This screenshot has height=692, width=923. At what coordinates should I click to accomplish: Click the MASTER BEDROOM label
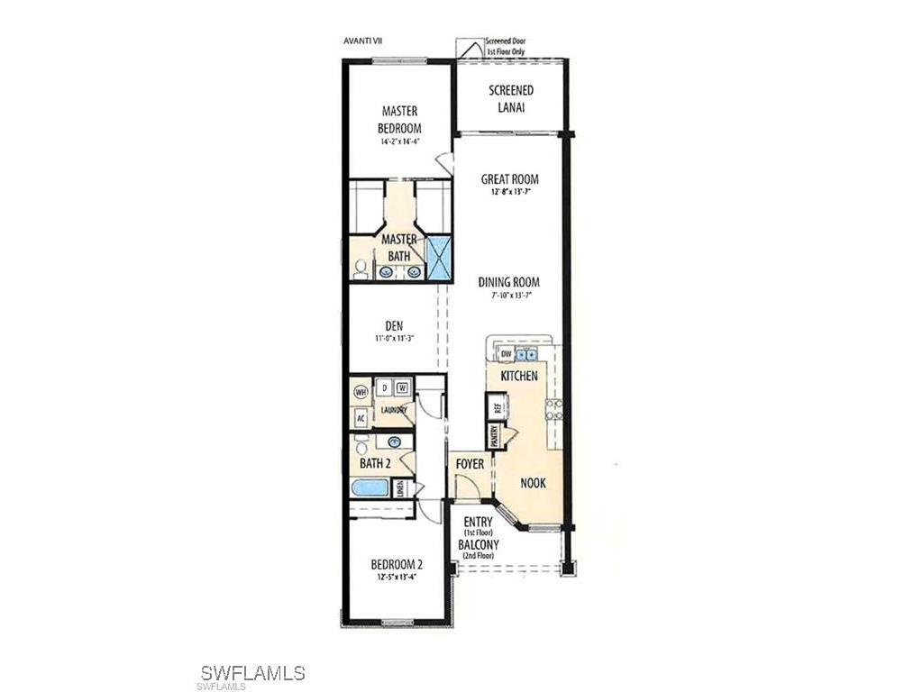[399, 119]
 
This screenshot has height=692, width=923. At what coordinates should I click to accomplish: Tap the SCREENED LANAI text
[511, 98]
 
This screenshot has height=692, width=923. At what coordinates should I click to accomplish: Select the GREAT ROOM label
[509, 179]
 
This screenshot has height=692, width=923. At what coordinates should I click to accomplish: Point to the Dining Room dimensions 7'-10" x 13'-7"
[508, 296]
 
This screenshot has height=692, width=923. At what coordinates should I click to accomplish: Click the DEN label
[393, 326]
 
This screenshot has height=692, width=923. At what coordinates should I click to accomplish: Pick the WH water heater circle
[361, 392]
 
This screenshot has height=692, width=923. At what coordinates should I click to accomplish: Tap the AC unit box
[360, 418]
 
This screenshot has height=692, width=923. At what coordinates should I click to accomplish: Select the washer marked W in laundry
[402, 387]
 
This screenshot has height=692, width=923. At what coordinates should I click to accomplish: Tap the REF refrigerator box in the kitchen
[495, 405]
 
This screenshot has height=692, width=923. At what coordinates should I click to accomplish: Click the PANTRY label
[495, 436]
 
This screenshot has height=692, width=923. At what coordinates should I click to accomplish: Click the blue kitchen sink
[526, 354]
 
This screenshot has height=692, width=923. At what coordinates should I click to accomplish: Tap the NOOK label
[533, 483]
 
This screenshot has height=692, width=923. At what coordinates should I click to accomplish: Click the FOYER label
[470, 464]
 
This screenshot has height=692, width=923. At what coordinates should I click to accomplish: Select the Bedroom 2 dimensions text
[397, 578]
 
